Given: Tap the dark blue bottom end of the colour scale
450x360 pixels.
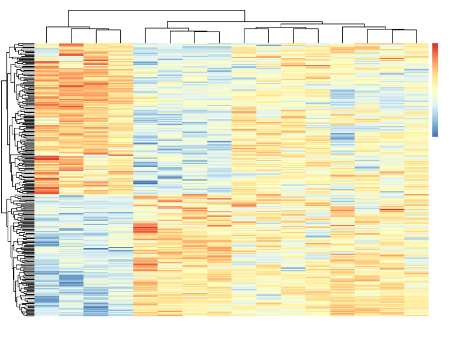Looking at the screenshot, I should point(435,134).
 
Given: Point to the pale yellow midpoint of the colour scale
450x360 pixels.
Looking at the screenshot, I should point(435,89).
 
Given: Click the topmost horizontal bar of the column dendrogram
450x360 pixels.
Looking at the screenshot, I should point(156,11).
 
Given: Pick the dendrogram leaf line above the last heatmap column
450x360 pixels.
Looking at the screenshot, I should point(417,36).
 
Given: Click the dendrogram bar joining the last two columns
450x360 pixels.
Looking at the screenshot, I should point(404,30).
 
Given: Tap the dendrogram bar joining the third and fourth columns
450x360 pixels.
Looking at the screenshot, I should point(108,30).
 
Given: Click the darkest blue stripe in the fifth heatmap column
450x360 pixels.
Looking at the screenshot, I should point(145,182).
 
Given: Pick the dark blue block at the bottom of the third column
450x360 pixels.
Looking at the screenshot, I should point(96,309).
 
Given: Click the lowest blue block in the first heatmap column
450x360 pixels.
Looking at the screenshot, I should point(47,300).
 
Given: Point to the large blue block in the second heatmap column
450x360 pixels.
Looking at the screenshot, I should point(71,281).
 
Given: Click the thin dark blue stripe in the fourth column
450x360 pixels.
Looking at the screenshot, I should point(121,249).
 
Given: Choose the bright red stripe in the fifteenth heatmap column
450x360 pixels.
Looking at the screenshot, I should point(392,209).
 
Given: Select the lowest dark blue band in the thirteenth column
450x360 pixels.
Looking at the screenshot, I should point(343,138).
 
